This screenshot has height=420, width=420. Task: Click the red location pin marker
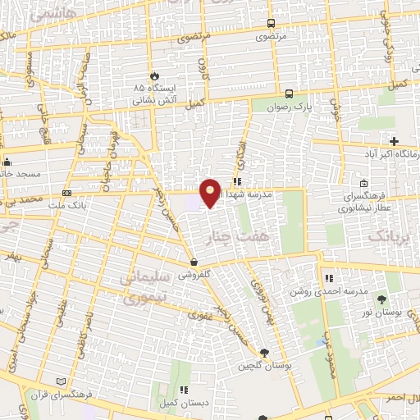coord(211,192)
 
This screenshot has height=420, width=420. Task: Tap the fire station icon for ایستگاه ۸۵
coord(150,73)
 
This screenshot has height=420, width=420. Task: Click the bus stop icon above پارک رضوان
coord(289,93)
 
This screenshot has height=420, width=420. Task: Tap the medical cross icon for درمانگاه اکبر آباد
coord(394,141)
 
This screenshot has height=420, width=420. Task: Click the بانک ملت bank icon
coord(67,194)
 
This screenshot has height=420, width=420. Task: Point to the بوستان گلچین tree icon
coord(262,353)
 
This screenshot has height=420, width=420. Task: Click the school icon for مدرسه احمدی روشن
coord(328,278)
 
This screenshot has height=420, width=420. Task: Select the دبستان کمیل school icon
coord(185,390)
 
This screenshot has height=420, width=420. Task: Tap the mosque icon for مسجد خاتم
coord(7,162)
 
